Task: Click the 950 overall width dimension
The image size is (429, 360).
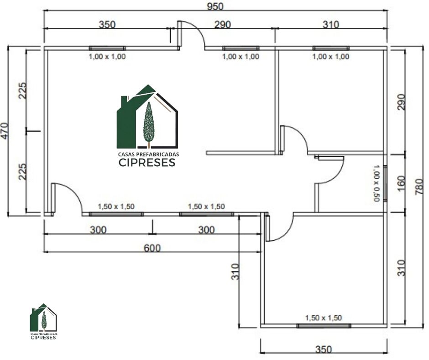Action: (x=215, y=6)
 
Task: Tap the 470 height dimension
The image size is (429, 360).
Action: (x=5, y=131)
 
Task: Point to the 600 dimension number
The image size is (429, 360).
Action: (x=152, y=248)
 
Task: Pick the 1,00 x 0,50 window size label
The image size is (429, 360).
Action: (x=377, y=183)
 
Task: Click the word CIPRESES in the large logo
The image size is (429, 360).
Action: (x=147, y=163)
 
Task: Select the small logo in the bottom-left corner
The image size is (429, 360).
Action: (x=43, y=321)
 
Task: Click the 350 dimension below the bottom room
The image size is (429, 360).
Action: (x=324, y=349)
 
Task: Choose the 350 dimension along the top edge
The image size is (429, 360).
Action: (x=107, y=24)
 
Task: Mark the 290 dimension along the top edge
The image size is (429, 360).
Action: (x=222, y=25)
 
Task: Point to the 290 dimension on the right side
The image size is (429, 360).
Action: (x=401, y=102)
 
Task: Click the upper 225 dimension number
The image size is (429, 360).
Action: (x=22, y=90)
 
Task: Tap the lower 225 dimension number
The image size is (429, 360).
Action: (x=22, y=171)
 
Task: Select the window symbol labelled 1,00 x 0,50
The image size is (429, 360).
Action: (x=385, y=183)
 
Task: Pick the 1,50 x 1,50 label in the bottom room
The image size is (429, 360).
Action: (x=324, y=318)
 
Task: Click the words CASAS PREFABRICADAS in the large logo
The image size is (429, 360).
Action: (x=149, y=154)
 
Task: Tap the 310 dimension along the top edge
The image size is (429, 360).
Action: (x=331, y=25)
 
